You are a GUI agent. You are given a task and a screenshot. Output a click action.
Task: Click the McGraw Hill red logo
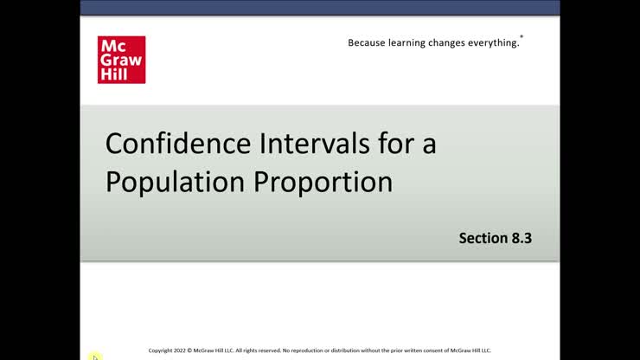121,60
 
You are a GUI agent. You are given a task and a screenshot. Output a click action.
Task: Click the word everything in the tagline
499,42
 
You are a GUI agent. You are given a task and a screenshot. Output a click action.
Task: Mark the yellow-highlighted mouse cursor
95,357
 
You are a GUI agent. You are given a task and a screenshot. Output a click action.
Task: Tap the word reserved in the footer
266,350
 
